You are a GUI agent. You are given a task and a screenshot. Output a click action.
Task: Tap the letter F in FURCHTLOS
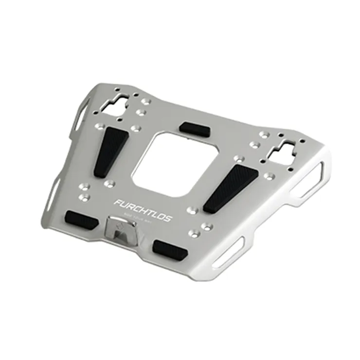118,202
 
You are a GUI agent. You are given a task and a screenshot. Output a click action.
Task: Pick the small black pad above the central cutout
195,129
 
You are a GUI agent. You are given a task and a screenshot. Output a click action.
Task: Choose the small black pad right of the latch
169,249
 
